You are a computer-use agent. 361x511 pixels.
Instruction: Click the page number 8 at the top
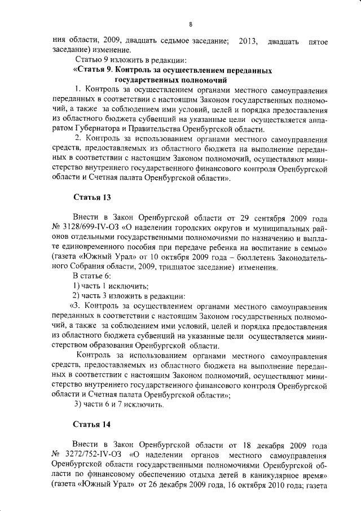[x=191, y=24]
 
